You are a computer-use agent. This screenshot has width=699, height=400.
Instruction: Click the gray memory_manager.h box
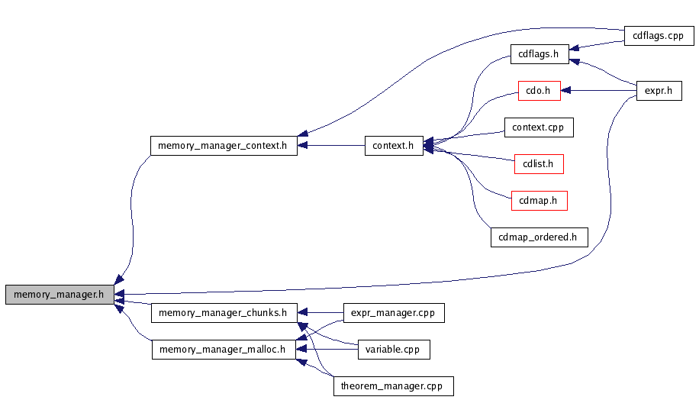coord(60,294)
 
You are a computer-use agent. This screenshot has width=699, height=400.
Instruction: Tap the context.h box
coord(394,145)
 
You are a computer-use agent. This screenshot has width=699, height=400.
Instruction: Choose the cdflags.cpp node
coord(658,36)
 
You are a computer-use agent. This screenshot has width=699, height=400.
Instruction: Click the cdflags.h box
coord(539,54)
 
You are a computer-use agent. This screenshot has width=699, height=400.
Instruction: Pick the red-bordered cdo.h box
coord(539,91)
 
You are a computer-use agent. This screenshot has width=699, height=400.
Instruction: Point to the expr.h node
coord(659,91)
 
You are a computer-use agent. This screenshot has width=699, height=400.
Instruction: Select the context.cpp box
coord(539,127)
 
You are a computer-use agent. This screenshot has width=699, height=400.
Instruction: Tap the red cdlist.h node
coord(539,163)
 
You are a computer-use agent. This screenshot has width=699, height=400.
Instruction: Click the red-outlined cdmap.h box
coord(539,201)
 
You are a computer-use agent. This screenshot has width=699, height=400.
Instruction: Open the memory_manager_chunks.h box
coord(223,312)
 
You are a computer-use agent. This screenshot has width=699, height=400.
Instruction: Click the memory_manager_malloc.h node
coord(223,350)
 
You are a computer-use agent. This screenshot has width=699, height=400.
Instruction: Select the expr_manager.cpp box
coord(393,312)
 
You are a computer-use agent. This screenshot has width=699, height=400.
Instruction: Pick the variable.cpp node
coord(394,350)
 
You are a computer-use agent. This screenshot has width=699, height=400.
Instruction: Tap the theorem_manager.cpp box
coord(393,386)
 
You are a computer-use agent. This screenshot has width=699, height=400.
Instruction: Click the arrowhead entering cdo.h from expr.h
coord(566,91)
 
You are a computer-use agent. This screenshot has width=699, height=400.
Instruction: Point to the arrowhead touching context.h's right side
coord(428,144)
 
